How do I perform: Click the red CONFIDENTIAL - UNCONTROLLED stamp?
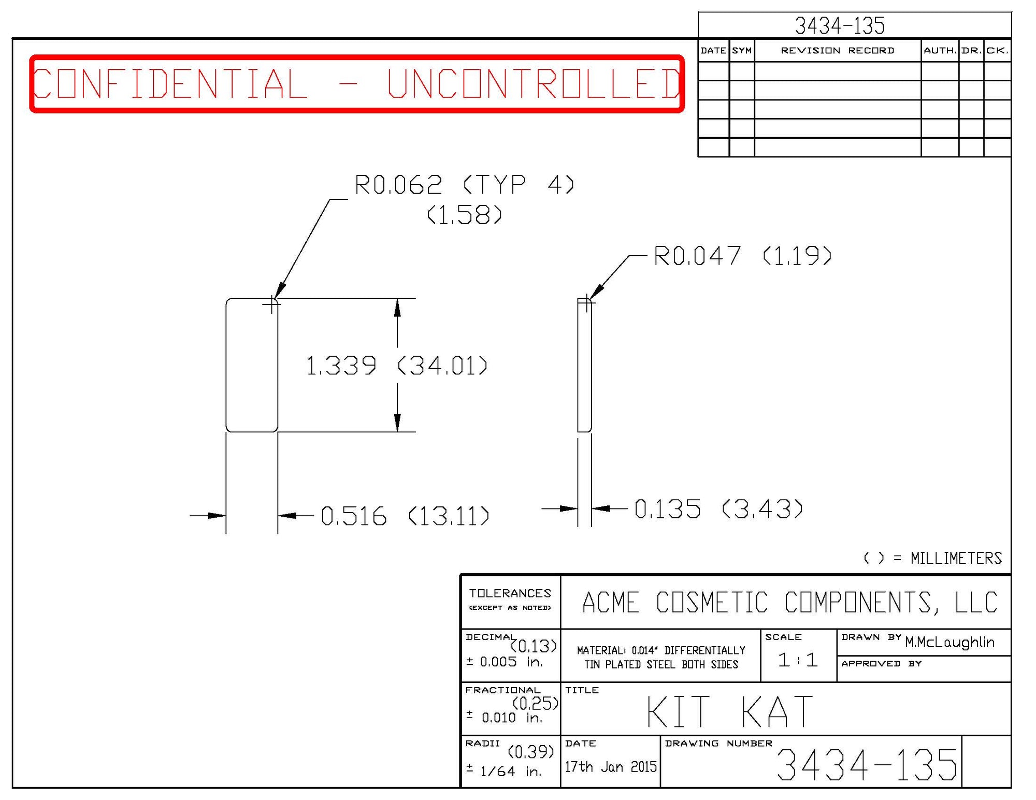point(356,83)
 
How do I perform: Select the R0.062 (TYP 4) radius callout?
point(464,185)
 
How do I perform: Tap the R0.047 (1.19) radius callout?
point(742,256)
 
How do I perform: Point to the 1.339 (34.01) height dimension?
point(397,366)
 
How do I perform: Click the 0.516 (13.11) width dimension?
point(405,516)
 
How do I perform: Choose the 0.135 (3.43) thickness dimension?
point(718,508)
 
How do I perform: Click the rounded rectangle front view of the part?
point(252,365)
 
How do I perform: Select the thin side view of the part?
point(584,365)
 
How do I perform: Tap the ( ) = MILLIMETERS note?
point(932,558)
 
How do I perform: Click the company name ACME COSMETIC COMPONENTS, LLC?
point(790,602)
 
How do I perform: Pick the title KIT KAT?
point(730,712)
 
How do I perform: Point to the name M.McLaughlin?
point(949,643)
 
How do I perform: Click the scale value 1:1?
point(798,660)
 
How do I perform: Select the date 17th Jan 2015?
point(610,767)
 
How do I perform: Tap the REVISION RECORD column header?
point(837,50)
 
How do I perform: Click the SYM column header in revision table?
point(742,50)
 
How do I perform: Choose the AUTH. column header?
point(940,50)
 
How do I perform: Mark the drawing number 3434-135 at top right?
point(840,25)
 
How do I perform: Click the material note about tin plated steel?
point(661,658)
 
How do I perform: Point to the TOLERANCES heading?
point(510,593)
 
